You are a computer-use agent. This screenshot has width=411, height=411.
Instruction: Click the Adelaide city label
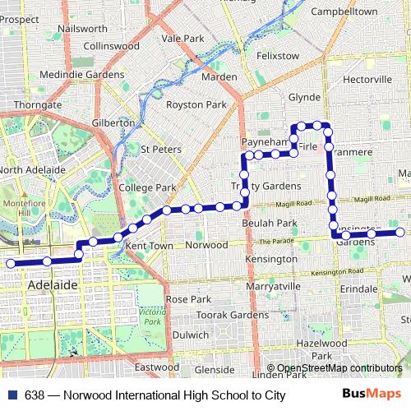(52, 285)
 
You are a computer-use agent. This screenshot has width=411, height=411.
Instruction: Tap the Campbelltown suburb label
(344, 12)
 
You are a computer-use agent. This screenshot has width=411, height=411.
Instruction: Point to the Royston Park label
(196, 105)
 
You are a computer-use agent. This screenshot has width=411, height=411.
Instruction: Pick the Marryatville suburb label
(274, 286)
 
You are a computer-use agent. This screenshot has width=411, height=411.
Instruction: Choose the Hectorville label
(367, 80)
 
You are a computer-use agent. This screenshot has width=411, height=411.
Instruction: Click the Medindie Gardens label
(82, 75)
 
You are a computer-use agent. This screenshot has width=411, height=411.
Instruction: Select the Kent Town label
(150, 246)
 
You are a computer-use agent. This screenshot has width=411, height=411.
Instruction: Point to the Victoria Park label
(150, 316)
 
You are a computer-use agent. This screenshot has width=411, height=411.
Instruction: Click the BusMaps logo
(370, 395)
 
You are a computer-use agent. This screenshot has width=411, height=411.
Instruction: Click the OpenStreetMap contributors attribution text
(339, 368)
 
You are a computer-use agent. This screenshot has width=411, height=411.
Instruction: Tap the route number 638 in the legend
(35, 395)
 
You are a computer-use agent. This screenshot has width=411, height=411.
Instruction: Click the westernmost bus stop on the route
(11, 264)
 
